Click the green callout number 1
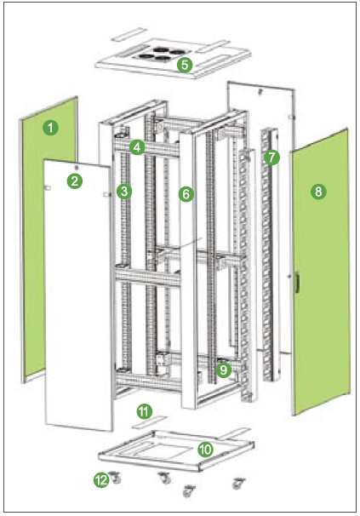[x=50, y=128]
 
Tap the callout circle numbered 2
[x=75, y=181]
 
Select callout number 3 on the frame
[x=124, y=192]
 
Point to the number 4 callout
[x=137, y=147]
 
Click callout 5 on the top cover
[x=185, y=65]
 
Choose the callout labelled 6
[x=186, y=194]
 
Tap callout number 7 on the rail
[x=271, y=158]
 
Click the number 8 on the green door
[x=318, y=192]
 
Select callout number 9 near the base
[x=224, y=370]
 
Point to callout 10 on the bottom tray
[x=205, y=450]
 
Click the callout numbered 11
[x=144, y=411]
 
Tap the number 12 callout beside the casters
[x=101, y=480]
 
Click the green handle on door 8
[x=297, y=282]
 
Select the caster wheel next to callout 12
[x=115, y=477]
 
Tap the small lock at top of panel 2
[x=77, y=167]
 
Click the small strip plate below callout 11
[x=150, y=422]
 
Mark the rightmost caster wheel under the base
[x=238, y=483]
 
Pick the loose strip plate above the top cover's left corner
[x=129, y=34]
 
